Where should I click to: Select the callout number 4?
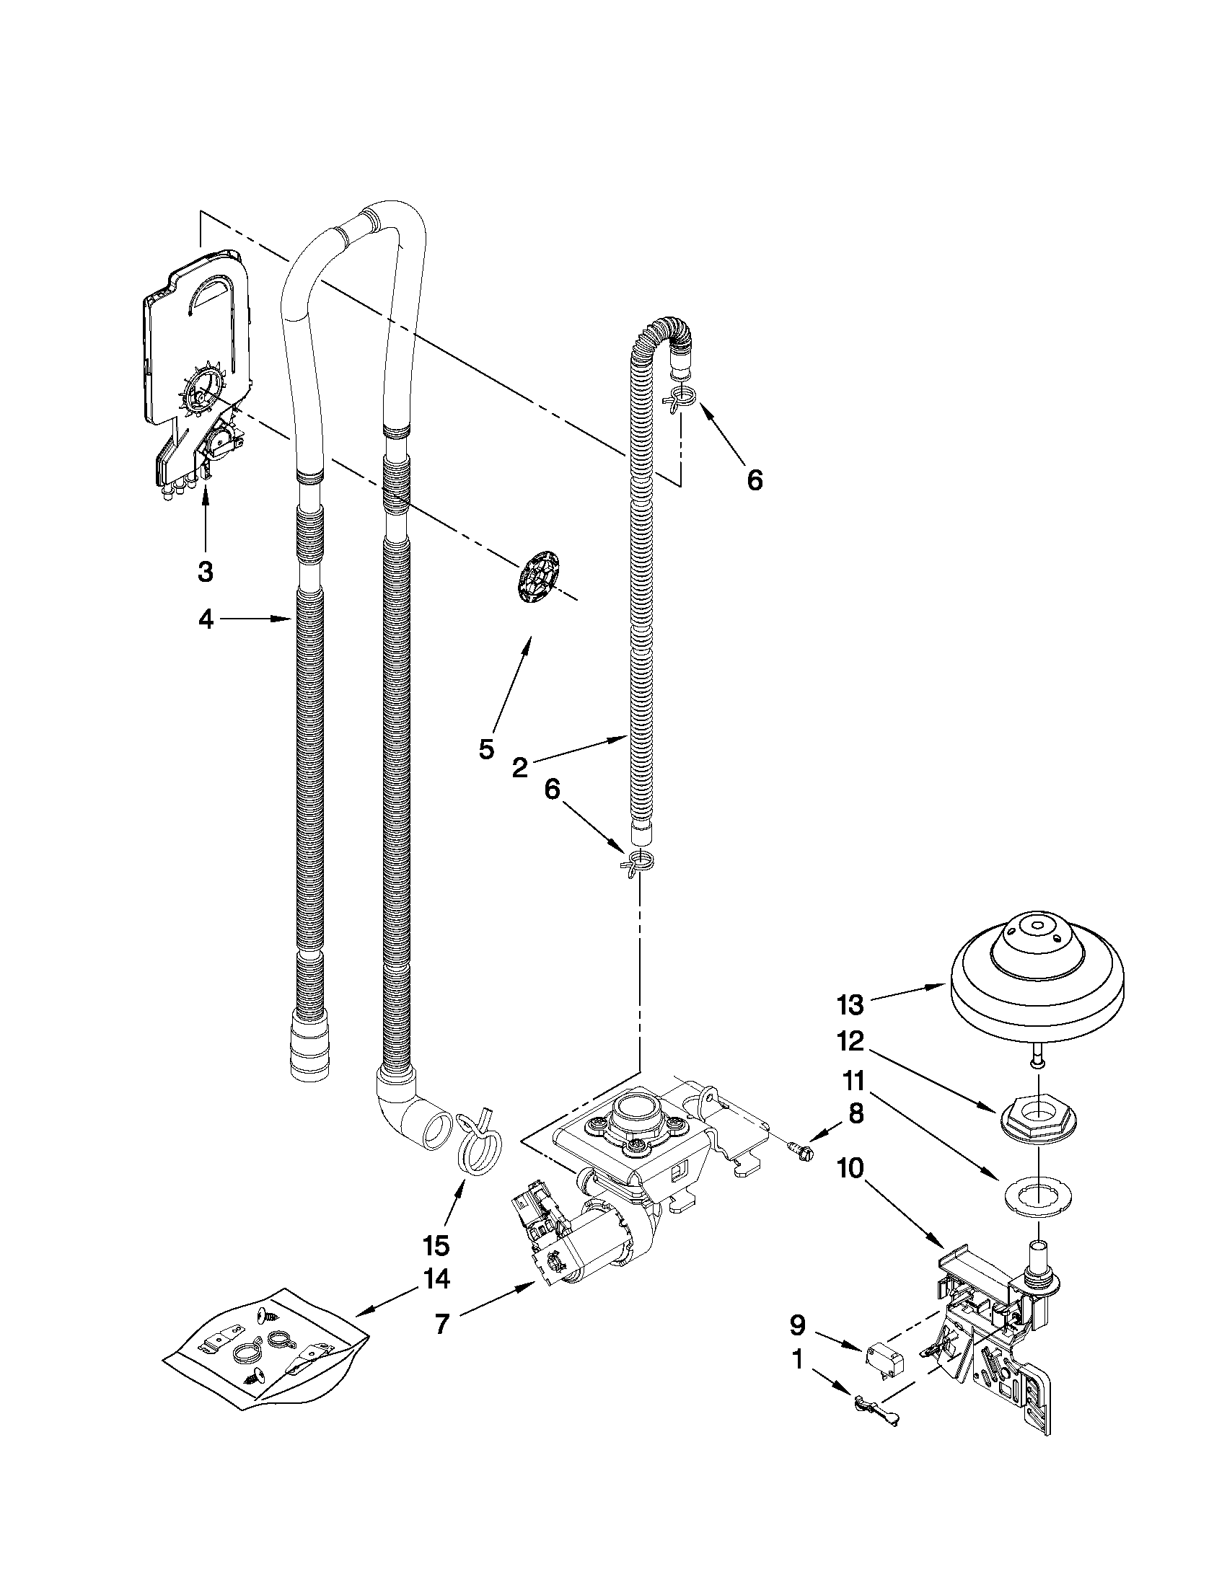click(x=206, y=620)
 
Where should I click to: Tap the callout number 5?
click(x=486, y=748)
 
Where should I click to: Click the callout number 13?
click(x=850, y=1005)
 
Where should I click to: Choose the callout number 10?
click(x=850, y=1169)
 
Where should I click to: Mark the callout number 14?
click(x=437, y=1278)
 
